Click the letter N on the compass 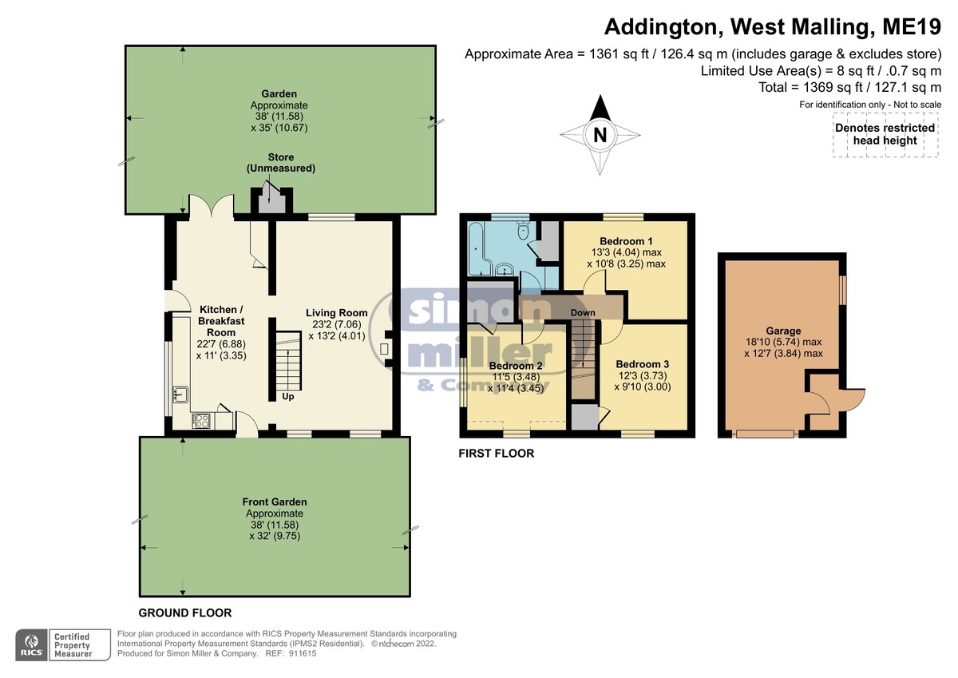[x=600, y=135]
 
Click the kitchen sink [x=180, y=394]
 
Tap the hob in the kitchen [x=201, y=421]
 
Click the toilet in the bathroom [x=523, y=231]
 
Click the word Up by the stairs [x=288, y=397]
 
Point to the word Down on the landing [x=583, y=313]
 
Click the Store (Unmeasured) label [x=281, y=163]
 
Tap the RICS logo [x=32, y=645]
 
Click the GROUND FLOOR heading [x=185, y=613]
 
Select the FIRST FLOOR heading [x=497, y=453]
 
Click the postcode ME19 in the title [x=912, y=26]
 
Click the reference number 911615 [x=303, y=653]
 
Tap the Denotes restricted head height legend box [x=885, y=134]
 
